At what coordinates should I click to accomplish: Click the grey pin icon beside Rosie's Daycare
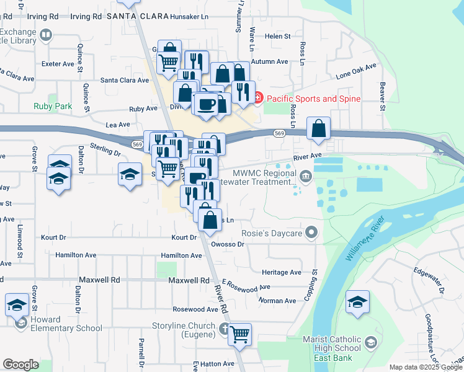(312, 233)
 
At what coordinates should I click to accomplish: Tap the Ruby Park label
(53, 106)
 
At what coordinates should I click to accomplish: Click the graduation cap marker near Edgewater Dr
(357, 302)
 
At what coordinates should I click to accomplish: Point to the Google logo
(20, 365)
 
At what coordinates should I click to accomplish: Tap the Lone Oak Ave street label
(356, 71)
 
